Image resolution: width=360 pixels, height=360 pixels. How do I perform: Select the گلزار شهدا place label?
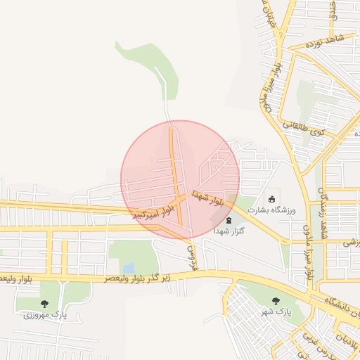229,231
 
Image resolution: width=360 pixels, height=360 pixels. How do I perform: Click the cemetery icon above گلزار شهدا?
228,220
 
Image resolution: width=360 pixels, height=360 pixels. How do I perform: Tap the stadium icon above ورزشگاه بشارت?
272,198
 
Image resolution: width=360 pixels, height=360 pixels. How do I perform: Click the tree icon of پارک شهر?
275,300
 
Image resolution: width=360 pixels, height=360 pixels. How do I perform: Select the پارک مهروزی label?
45,315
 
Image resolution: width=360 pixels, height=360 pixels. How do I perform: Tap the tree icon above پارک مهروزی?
45,304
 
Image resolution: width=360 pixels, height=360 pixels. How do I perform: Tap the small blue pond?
128,268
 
